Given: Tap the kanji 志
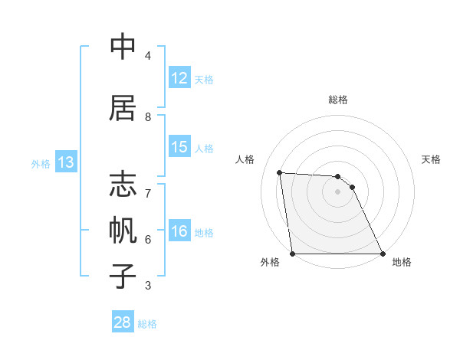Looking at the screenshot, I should pos(123,186).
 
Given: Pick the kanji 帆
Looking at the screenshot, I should pos(123,231).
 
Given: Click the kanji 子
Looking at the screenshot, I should pos(123,275).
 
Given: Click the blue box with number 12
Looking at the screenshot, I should pos(179,78).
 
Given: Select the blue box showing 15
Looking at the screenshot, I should pos(179,147).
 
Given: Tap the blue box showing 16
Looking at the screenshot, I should pos(179,231).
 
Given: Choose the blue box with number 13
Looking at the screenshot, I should pos(65,162).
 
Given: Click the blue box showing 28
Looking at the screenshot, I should pos(123,322).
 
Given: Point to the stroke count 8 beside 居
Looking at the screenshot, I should pos(148,117).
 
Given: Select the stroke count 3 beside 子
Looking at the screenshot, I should pos(148,286).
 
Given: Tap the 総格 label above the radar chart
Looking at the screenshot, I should pos(338,100).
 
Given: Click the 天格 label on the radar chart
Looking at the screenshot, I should pos(432,159).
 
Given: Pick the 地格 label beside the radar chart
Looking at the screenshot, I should pos(402,262).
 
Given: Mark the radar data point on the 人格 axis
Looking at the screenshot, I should pos(280,172).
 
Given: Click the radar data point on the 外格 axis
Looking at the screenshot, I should pos(293,254).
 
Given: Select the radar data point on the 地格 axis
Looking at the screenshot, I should pos(383,254).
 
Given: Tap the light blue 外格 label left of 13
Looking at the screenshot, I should pos(40,163).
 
